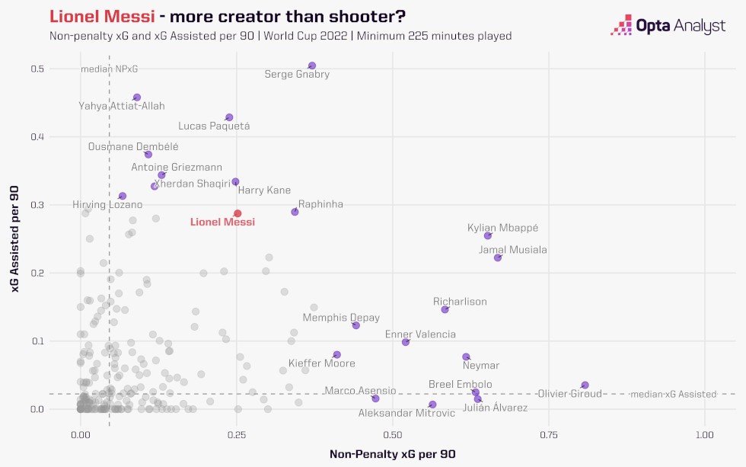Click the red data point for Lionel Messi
click(238, 213)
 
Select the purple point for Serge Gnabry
click(311, 66)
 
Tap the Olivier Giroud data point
click(585, 385)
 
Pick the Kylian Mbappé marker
click(488, 236)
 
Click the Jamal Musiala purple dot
click(498, 257)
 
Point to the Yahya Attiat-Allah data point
click(137, 98)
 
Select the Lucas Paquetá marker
click(229, 117)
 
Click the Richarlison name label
click(460, 302)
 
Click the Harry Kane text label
click(264, 190)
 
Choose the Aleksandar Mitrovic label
click(407, 413)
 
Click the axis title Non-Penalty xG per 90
click(392, 454)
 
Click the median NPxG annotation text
click(110, 69)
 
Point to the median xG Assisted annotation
click(673, 394)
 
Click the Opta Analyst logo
click(668, 25)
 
